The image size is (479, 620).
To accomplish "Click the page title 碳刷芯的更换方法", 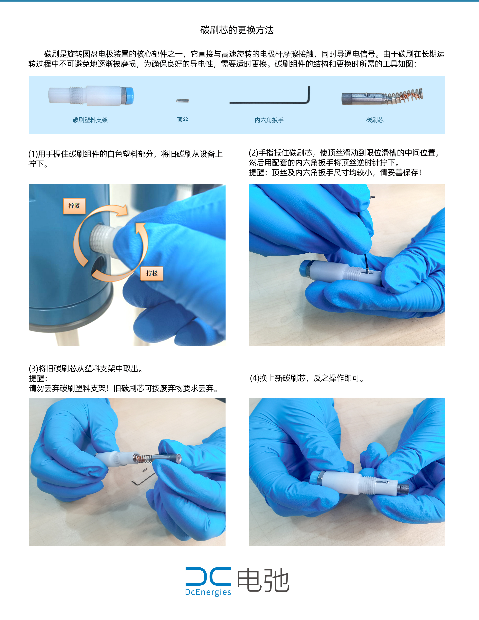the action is click(237, 30).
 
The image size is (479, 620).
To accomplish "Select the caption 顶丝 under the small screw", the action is click(182, 120).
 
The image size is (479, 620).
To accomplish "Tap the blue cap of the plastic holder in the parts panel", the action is click(129, 96).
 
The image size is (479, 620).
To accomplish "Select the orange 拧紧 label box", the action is click(74, 206).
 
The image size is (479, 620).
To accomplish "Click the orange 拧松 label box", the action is click(152, 273).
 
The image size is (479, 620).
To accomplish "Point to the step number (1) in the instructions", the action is click(33, 154).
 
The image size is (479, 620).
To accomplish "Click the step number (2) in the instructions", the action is click(253, 153).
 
